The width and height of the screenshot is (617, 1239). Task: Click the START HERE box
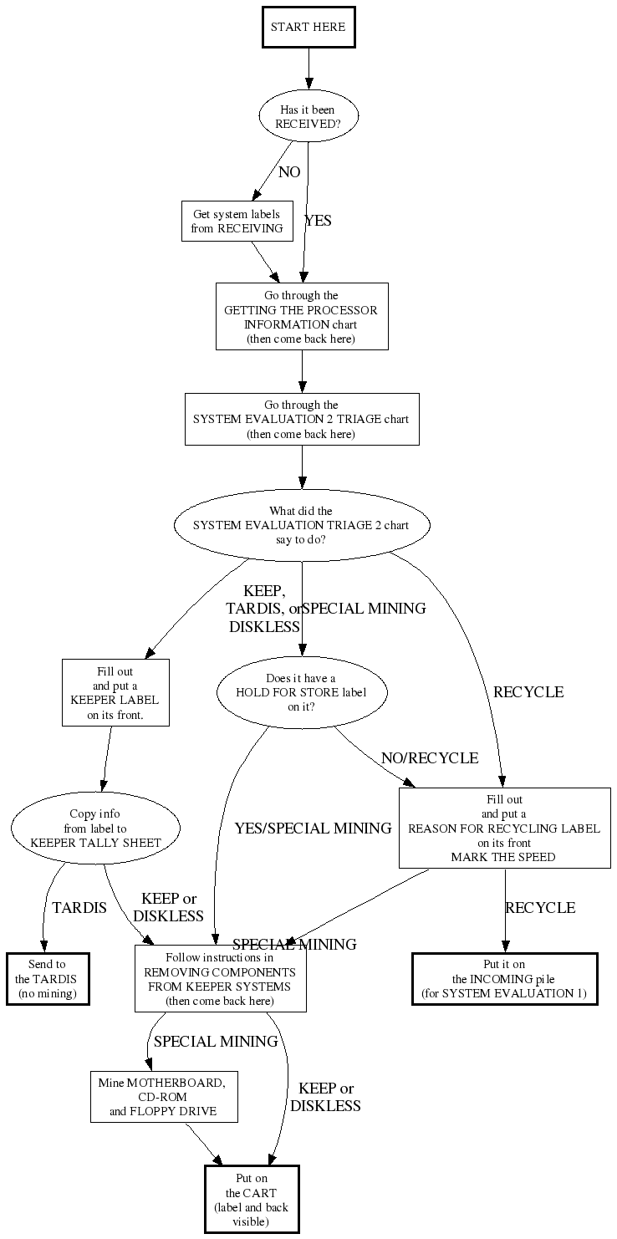[308, 27]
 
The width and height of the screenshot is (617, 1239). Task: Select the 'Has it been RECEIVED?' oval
[308, 117]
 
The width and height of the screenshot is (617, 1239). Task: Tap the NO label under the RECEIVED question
[289, 172]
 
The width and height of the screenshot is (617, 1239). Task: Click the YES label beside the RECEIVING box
[318, 221]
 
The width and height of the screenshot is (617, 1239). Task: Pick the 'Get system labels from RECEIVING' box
[237, 222]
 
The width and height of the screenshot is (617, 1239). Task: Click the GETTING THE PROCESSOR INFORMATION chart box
[302, 316]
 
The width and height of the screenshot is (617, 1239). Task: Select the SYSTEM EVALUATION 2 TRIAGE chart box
[302, 420]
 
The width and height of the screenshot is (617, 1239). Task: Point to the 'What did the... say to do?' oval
[302, 525]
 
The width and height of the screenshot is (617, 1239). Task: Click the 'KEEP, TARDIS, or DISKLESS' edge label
[263, 609]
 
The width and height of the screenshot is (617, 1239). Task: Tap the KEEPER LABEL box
[115, 693]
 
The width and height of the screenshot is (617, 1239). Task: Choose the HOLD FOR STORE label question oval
[302, 692]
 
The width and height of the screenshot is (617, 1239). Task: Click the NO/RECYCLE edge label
[430, 758]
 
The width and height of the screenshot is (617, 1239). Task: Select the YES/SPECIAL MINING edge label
[313, 829]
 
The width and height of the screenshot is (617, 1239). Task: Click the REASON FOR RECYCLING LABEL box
[504, 829]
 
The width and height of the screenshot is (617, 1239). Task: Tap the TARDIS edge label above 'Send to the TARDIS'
[79, 907]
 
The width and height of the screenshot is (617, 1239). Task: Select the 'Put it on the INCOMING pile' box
[504, 979]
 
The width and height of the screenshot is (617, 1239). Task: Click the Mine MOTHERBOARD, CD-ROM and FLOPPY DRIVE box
[164, 1097]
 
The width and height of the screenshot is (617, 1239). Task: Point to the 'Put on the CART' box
[251, 1199]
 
